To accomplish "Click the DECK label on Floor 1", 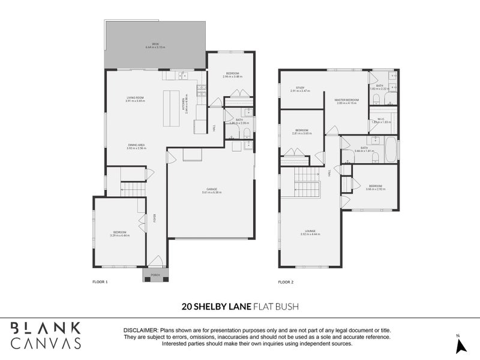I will pyautogui.click(x=155, y=44).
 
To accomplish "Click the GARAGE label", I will pyautogui.click(x=212, y=189).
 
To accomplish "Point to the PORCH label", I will pyautogui.click(x=155, y=275).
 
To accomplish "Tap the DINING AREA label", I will pyautogui.click(x=136, y=145).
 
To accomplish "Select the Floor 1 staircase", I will pyautogui.click(x=133, y=190).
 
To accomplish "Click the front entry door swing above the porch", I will pyautogui.click(x=155, y=261).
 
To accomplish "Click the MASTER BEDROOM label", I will pyautogui.click(x=347, y=100).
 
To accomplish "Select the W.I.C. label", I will pyautogui.click(x=380, y=119).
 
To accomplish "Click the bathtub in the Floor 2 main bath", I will pyautogui.click(x=390, y=149).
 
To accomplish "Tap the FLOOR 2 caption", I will pyautogui.click(x=286, y=281).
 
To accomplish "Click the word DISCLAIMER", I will pyautogui.click(x=140, y=331).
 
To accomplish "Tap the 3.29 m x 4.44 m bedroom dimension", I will pyautogui.click(x=120, y=235).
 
